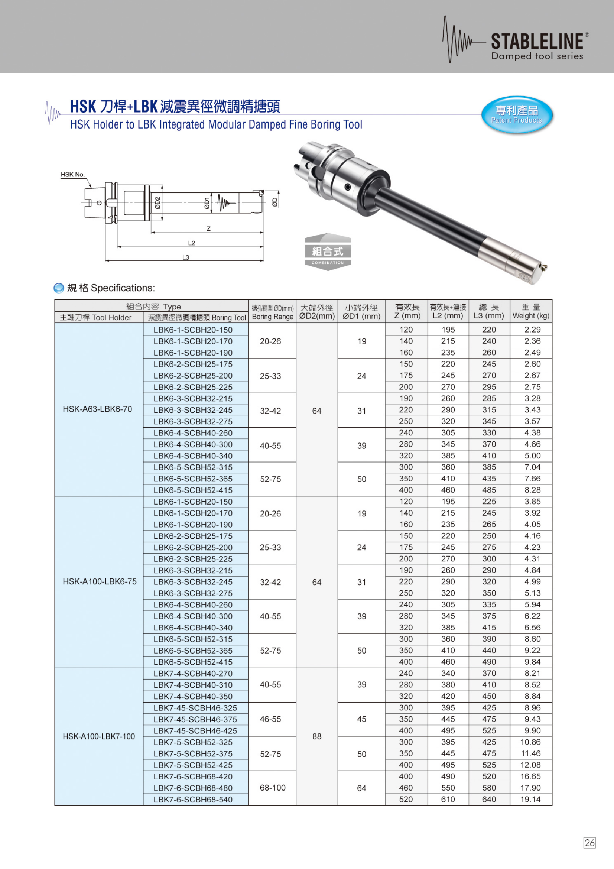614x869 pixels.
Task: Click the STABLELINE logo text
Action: [x=537, y=42]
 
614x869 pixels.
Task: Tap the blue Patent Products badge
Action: [x=517, y=115]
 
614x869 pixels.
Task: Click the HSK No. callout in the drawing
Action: [x=73, y=175]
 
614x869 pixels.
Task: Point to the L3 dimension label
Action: [x=186, y=257]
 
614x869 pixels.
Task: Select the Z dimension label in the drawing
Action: [x=208, y=229]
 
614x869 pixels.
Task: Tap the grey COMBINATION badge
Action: [x=328, y=252]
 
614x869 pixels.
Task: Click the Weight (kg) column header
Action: [x=531, y=311]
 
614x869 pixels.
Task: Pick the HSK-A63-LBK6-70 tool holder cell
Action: [x=98, y=409]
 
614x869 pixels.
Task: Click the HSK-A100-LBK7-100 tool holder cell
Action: [x=99, y=736]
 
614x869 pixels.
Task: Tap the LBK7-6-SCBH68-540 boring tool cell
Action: [x=193, y=800]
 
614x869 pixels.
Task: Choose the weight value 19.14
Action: [x=530, y=800]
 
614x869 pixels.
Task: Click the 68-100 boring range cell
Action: [x=272, y=788]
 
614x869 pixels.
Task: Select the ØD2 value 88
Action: [x=316, y=736]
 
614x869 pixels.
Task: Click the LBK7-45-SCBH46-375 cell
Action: [x=195, y=720]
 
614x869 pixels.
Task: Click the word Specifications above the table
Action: [x=123, y=288]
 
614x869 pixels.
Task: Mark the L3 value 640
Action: [x=489, y=800]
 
